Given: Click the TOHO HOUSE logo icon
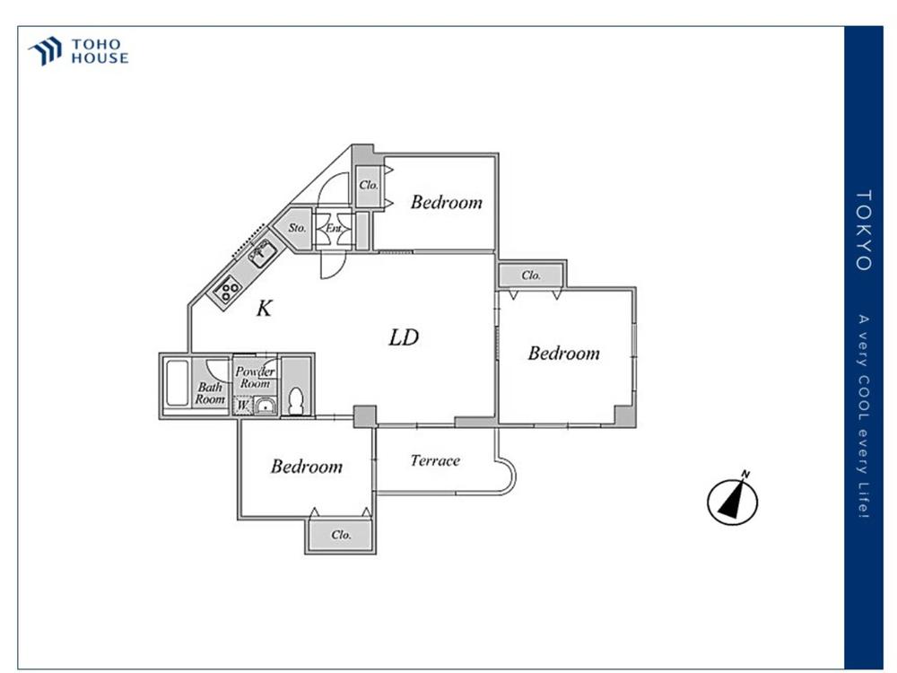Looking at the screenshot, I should click(45, 51).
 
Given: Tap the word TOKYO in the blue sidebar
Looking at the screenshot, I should click(864, 230).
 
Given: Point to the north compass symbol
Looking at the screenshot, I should click(733, 501).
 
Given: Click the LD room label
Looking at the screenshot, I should click(404, 338).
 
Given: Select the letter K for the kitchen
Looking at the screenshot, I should click(264, 309).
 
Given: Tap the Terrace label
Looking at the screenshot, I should click(435, 460).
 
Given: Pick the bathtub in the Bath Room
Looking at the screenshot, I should click(177, 385).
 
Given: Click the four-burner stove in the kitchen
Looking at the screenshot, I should click(228, 289).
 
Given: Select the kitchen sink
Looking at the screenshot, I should click(261, 252).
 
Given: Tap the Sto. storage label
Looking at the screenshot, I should click(297, 228).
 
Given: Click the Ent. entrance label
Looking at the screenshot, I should click(335, 228).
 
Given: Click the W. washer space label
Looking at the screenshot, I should click(242, 406).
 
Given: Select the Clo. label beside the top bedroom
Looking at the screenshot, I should click(368, 186).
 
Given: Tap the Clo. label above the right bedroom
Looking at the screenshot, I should click(530, 275).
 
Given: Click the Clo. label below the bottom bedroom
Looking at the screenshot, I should click(340, 535).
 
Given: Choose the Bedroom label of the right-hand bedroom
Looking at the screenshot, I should click(563, 354).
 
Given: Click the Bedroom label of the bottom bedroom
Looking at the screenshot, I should click(307, 467).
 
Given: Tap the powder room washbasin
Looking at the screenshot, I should click(264, 406).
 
